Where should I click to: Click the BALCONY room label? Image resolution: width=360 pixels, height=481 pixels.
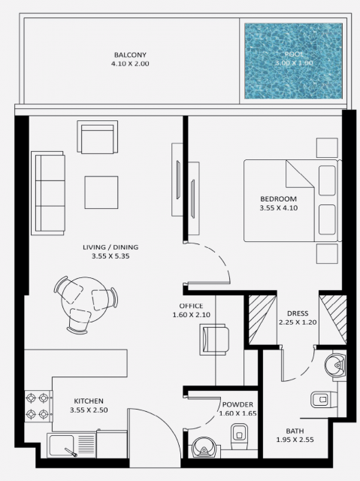click(x=130, y=55)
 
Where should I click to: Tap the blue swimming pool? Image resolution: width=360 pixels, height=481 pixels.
click(x=293, y=61)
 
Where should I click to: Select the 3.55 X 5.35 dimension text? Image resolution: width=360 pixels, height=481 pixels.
click(x=110, y=256)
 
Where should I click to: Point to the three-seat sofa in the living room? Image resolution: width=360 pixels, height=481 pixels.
click(x=48, y=193)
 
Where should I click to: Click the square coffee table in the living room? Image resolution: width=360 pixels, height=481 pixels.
click(x=101, y=192)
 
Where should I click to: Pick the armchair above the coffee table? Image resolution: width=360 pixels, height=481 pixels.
click(x=98, y=137)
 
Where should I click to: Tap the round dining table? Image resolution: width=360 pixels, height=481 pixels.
click(x=85, y=299)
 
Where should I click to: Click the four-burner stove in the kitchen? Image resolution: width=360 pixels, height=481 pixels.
click(x=38, y=406)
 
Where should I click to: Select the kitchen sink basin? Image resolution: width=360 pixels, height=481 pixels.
click(x=60, y=445)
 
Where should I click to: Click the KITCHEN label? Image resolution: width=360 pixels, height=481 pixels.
click(x=89, y=401)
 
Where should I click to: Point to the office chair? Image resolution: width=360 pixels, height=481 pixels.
click(x=214, y=340)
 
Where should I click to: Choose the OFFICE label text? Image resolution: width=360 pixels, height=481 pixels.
click(x=191, y=306)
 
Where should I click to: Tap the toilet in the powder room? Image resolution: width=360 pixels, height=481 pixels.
click(x=238, y=436)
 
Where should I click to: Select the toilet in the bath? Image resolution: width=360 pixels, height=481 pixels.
click(x=324, y=399)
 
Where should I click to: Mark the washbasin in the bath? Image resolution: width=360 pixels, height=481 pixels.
click(x=335, y=365)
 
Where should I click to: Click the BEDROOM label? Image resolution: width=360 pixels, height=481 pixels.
click(x=278, y=198)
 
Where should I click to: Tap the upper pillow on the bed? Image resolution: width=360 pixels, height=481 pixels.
click(x=327, y=180)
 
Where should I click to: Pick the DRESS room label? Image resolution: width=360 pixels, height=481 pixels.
click(x=298, y=313)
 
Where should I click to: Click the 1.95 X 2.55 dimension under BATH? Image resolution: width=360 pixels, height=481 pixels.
click(x=295, y=440)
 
